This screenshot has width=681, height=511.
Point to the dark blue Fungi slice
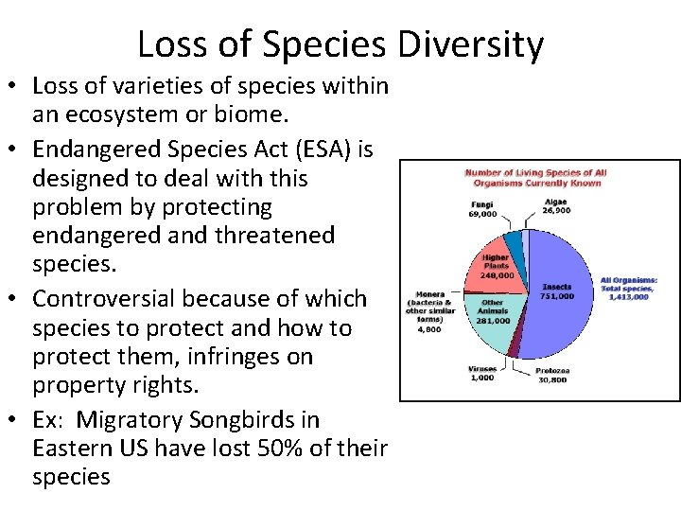pyautogui.click(x=513, y=245)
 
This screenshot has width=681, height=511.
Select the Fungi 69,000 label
pyautogui.click(x=482, y=209)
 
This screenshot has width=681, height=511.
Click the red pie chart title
pyautogui.click(x=535, y=177)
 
